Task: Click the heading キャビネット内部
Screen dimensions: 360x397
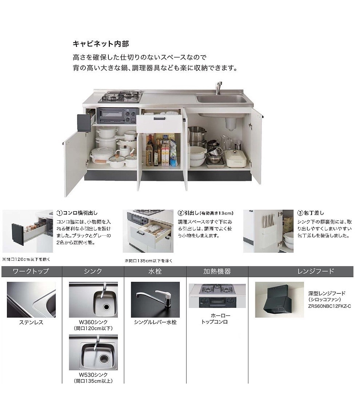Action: [x=101, y=44]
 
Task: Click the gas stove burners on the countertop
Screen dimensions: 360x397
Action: [x=120, y=97]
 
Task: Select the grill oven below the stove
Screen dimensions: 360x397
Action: [x=117, y=116]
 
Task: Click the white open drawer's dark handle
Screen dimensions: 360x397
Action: [x=159, y=119]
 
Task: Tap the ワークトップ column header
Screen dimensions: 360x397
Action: [x=31, y=271]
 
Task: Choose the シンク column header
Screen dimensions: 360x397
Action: [x=93, y=271]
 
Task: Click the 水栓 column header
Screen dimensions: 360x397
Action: [x=155, y=271]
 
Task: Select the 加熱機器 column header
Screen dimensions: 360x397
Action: [x=217, y=271]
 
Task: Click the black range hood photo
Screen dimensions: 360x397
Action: [x=279, y=300]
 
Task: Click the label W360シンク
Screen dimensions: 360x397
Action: [x=93, y=322]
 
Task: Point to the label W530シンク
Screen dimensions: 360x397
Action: [x=93, y=375]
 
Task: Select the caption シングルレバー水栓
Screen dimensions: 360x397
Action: [x=155, y=322]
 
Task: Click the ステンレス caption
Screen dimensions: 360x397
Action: [x=31, y=322]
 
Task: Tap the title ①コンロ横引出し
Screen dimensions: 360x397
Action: [x=77, y=213]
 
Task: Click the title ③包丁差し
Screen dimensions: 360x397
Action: [x=311, y=213]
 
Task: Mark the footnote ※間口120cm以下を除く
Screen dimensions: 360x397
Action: [x=26, y=259]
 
